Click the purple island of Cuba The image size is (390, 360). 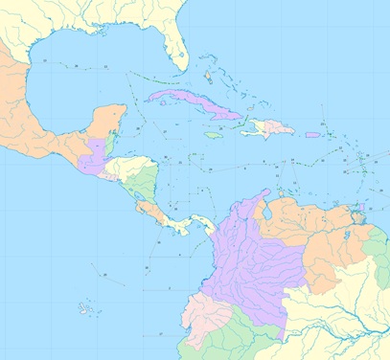tap(192, 103)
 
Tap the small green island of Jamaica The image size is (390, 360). tap(214, 135)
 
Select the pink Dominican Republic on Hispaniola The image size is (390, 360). tap(278, 126)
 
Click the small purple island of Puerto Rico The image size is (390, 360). tap(312, 134)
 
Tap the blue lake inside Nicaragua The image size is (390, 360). tap(144, 195)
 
